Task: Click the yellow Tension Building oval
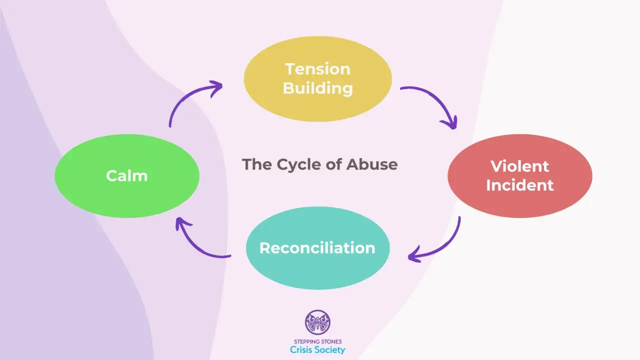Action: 317,79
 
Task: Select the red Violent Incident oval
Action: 520,176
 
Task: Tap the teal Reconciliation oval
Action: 317,248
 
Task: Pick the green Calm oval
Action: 127,176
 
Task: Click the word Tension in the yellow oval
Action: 317,69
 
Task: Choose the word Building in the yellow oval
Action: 317,88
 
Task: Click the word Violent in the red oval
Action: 519,166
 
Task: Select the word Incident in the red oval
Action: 519,185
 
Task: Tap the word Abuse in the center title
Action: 372,164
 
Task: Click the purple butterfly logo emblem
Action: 317,322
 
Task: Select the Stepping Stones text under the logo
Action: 317,341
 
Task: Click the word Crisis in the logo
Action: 301,349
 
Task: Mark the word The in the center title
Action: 257,164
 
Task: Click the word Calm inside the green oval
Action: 127,175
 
